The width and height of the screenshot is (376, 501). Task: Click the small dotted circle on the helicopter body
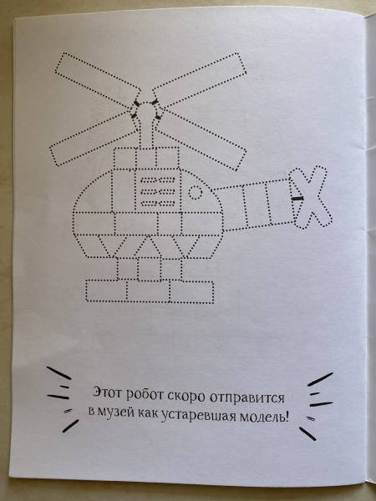[195, 193]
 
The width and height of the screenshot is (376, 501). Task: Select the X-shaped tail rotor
[309, 197]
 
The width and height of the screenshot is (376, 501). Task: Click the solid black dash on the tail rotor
[297, 199]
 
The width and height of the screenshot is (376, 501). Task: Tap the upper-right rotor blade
[200, 79]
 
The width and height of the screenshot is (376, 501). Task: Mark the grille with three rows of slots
[158, 190]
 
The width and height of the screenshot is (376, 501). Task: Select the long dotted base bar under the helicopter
[150, 291]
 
